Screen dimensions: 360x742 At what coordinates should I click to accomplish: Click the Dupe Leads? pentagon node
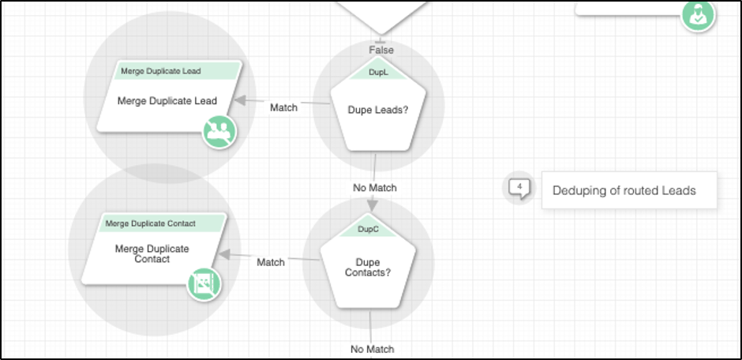pyautogui.click(x=378, y=111)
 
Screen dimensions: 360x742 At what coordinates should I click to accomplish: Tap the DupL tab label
pyautogui.click(x=378, y=72)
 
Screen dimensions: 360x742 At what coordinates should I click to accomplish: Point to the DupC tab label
pyautogui.click(x=368, y=229)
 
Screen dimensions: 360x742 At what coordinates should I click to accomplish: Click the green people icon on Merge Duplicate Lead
pyautogui.click(x=219, y=131)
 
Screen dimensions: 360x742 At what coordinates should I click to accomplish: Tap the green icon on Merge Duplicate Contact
pyautogui.click(x=204, y=283)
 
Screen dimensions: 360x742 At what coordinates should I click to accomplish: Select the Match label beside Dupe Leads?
pyautogui.click(x=283, y=107)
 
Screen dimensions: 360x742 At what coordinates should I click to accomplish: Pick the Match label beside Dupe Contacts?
pyautogui.click(x=271, y=262)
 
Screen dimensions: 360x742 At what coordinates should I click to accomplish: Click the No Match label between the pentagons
pyautogui.click(x=375, y=188)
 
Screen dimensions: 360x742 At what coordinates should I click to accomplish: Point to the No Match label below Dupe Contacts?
pyautogui.click(x=372, y=349)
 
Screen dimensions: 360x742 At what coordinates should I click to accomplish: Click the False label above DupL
pyautogui.click(x=381, y=50)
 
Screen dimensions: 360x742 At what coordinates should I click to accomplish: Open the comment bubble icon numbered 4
pyautogui.click(x=519, y=188)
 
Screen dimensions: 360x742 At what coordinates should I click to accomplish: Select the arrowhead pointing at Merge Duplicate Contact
pyautogui.click(x=224, y=255)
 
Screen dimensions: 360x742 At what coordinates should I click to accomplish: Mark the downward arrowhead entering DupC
pyautogui.click(x=373, y=205)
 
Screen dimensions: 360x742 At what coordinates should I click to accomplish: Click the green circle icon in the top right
pyautogui.click(x=699, y=14)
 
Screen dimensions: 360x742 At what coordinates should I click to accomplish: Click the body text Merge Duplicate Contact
pyautogui.click(x=152, y=253)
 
